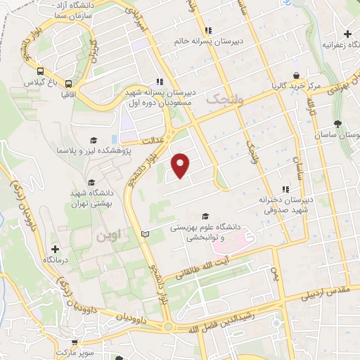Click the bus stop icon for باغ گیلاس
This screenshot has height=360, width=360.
click(41, 71)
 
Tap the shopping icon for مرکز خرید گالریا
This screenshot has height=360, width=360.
click(297, 75)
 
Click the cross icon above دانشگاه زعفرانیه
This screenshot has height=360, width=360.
click(347, 34)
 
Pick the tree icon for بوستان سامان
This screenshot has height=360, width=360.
click(338, 123)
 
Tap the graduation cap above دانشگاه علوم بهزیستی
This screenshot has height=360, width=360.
click(205, 217)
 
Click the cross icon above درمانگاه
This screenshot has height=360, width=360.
click(55, 249)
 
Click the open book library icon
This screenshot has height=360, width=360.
click(146, 233)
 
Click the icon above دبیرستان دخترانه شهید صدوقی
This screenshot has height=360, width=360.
click(285, 189)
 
